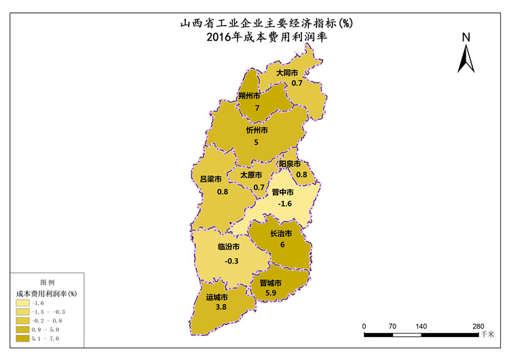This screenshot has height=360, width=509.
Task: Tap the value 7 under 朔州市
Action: (x=257, y=108)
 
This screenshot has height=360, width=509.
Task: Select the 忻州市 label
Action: (x=257, y=130)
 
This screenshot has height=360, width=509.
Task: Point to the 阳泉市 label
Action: (x=290, y=164)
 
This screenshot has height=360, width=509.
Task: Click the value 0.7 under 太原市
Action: (x=259, y=187)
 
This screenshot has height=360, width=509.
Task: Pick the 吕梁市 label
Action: (x=210, y=179)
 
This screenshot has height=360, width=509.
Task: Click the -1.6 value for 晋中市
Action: (x=286, y=204)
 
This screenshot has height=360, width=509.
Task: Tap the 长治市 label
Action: (x=281, y=234)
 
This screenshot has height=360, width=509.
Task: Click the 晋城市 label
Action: (x=270, y=283)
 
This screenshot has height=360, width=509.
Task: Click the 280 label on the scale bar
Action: (x=478, y=327)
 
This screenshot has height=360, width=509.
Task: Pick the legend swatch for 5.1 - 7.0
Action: (x=23, y=338)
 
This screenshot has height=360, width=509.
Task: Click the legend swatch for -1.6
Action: (x=23, y=303)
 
